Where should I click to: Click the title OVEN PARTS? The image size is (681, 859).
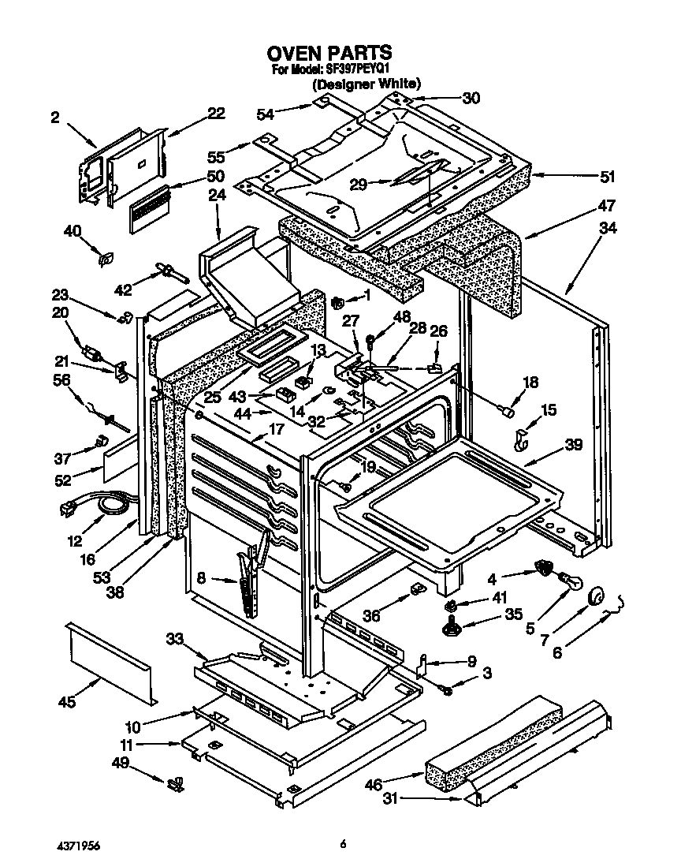[329, 53]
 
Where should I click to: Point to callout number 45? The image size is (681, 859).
[68, 702]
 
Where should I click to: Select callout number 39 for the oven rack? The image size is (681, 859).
[573, 445]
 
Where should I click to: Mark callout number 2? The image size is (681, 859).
[54, 118]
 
